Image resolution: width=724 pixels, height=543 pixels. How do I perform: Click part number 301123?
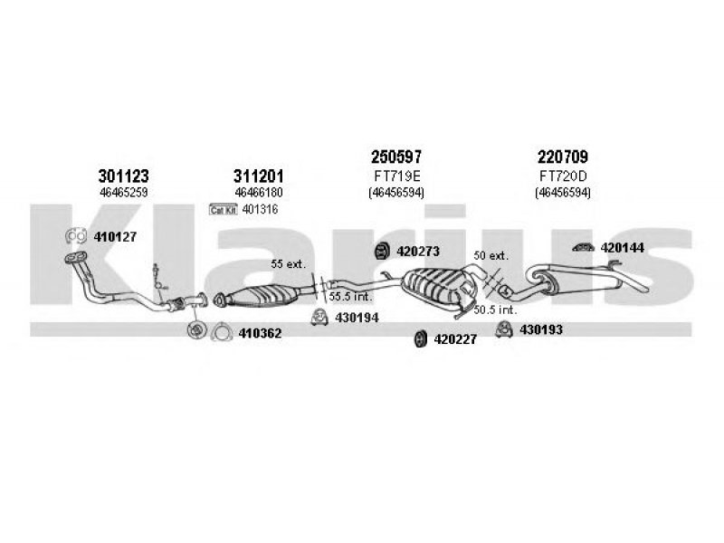123,176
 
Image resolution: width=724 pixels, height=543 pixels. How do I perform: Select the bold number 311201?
259,176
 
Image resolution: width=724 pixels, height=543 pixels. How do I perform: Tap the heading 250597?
395,157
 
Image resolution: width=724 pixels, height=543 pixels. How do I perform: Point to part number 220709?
562,157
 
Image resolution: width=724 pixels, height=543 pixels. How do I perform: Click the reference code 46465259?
123,193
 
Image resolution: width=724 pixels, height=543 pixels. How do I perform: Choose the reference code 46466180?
259,193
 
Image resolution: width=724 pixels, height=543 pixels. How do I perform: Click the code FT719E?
395,176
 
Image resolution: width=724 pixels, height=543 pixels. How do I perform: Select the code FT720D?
562,176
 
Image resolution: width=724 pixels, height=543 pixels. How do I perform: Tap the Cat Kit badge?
224,210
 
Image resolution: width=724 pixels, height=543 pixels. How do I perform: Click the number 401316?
261,210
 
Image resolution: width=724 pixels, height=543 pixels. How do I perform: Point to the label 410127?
115,237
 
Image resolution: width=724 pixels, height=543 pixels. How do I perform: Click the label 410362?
261,334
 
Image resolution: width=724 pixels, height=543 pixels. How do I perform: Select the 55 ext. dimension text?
290,263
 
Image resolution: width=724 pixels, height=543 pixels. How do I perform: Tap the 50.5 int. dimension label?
495,310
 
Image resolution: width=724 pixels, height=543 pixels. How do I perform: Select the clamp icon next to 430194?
319,317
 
